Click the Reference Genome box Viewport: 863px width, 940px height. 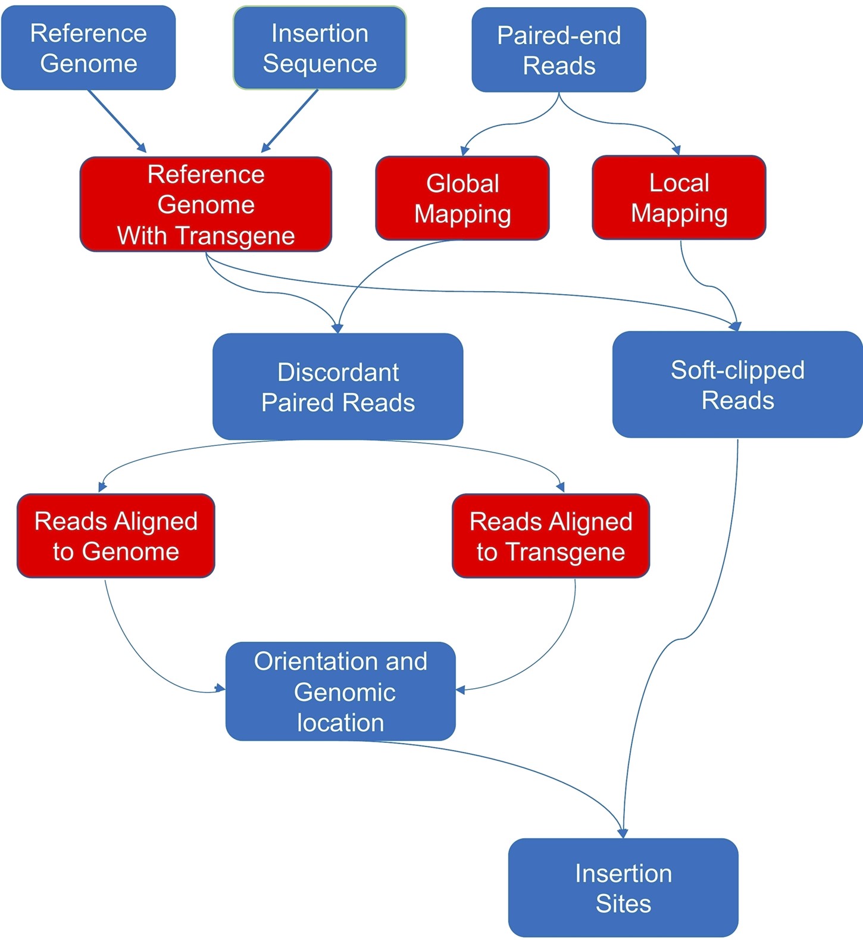pyautogui.click(x=88, y=48)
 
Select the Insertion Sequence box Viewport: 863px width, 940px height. pyautogui.click(x=320, y=48)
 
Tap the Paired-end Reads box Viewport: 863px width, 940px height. pyautogui.click(x=559, y=50)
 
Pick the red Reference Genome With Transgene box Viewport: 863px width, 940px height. pyautogui.click(x=206, y=204)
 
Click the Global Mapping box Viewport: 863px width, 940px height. pyautogui.click(x=462, y=198)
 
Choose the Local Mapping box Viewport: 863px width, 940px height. pyautogui.click(x=679, y=198)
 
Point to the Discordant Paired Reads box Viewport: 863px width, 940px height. pyautogui.click(x=338, y=387)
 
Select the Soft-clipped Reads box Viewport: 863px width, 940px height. pyautogui.click(x=737, y=385)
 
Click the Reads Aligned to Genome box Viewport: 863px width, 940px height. pyautogui.click(x=116, y=536)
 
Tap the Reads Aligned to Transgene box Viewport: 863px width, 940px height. pyautogui.click(x=551, y=536)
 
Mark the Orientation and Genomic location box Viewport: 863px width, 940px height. pyautogui.click(x=340, y=691)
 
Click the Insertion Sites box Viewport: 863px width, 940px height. pyautogui.click(x=623, y=888)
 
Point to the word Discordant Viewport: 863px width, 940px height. pyautogui.click(x=338, y=372)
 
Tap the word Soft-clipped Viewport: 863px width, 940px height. pyautogui.click(x=737, y=370)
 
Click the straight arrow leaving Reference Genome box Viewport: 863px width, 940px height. pyautogui.click(x=117, y=121)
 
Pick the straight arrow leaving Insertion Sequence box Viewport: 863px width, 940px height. pyautogui.click(x=290, y=121)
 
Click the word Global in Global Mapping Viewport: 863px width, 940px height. pyautogui.click(x=462, y=183)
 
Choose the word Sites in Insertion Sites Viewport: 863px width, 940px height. pyautogui.click(x=623, y=904)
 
